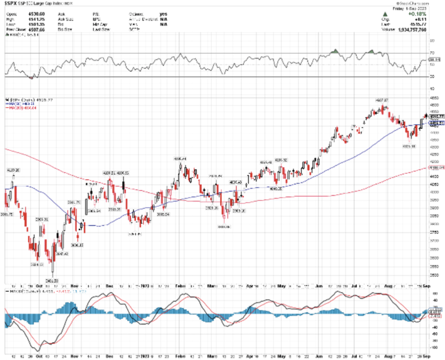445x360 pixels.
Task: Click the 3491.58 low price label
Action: [51, 280]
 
